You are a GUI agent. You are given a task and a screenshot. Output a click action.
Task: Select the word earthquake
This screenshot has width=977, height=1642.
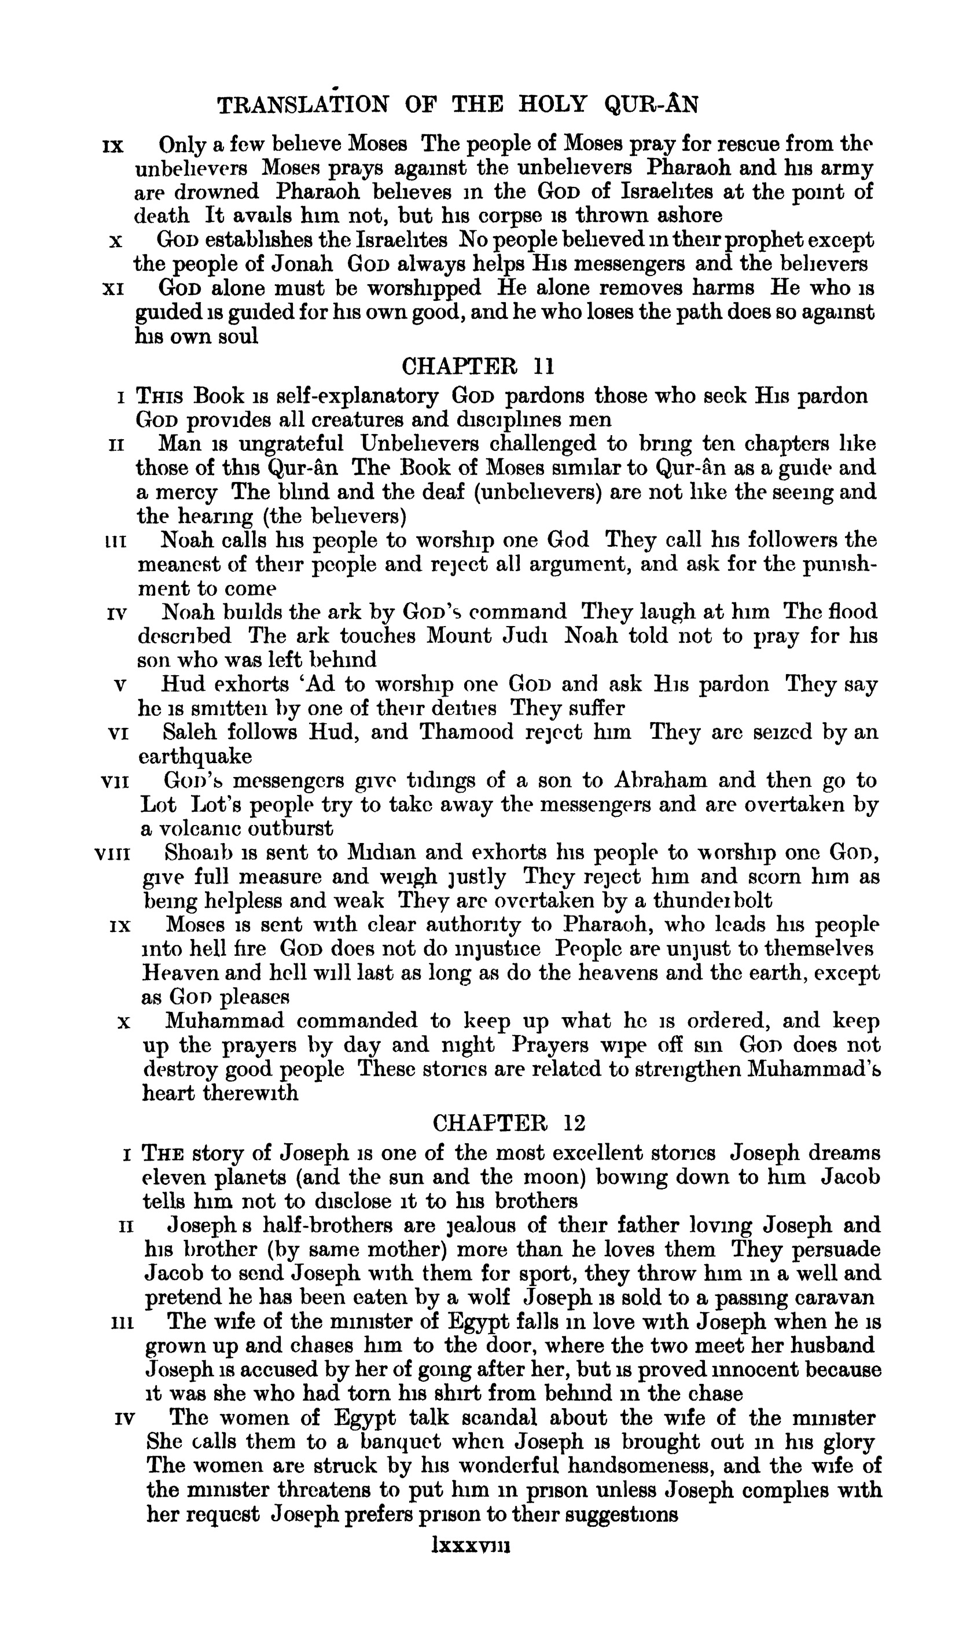coord(196,756)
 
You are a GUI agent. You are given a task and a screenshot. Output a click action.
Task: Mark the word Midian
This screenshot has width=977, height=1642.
coord(378,853)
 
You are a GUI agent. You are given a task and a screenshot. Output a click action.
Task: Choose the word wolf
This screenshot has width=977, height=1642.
coord(488,1298)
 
